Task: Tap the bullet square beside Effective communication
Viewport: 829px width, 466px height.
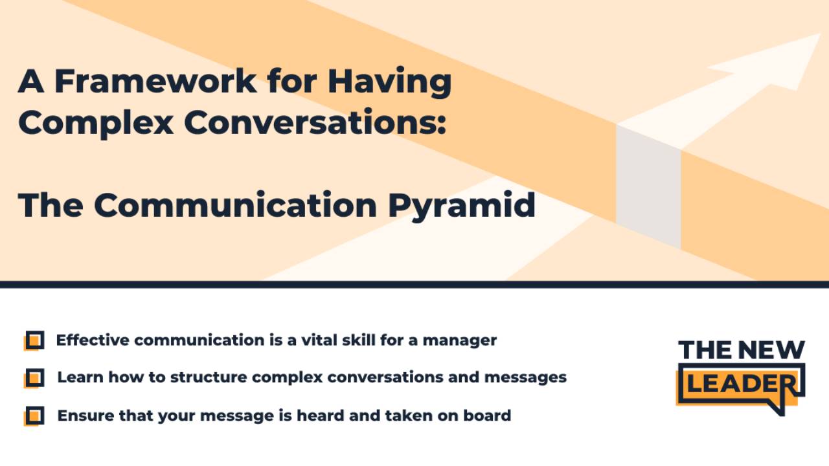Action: (35, 340)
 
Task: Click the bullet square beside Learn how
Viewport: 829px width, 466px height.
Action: (35, 377)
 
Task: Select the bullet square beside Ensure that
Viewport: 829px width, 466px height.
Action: (35, 415)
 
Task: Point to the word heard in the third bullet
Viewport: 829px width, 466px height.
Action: (317, 415)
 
